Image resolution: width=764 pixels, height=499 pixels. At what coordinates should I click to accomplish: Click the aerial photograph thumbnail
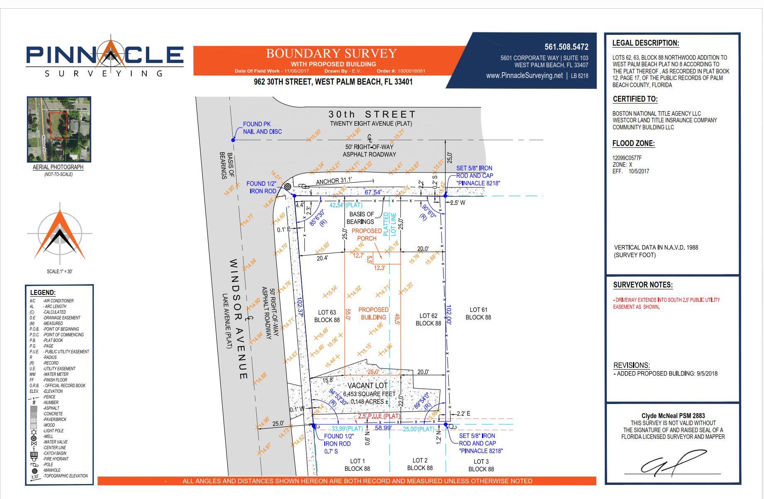click(59, 129)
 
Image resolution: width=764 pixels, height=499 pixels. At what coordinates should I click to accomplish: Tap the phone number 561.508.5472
click(566, 47)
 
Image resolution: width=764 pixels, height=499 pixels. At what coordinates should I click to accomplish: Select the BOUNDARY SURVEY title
click(331, 54)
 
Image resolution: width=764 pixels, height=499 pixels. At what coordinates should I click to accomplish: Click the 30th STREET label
click(372, 114)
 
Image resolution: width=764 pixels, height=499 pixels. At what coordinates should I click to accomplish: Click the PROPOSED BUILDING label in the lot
click(373, 314)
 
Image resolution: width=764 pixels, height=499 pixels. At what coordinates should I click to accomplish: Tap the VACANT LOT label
click(367, 385)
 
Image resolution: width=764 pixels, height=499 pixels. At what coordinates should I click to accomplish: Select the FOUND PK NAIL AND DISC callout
click(262, 128)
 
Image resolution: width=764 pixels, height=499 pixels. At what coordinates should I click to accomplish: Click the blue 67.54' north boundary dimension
click(373, 192)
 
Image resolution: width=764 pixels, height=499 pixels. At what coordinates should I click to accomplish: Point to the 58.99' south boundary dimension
click(383, 428)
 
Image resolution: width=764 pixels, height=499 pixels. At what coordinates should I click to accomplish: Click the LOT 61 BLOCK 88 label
click(478, 314)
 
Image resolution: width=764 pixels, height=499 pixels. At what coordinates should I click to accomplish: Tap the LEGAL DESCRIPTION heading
click(645, 43)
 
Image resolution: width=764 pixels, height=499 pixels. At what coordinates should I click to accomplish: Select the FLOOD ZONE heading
click(633, 144)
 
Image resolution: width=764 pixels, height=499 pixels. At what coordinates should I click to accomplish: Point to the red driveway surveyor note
click(666, 303)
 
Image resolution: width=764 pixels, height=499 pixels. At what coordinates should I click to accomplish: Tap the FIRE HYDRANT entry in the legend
click(56, 459)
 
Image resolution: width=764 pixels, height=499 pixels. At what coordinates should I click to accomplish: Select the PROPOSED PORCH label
click(367, 234)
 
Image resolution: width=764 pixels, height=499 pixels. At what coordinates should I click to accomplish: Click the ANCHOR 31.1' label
click(333, 181)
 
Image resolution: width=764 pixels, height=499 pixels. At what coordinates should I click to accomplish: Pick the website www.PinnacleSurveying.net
click(524, 75)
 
